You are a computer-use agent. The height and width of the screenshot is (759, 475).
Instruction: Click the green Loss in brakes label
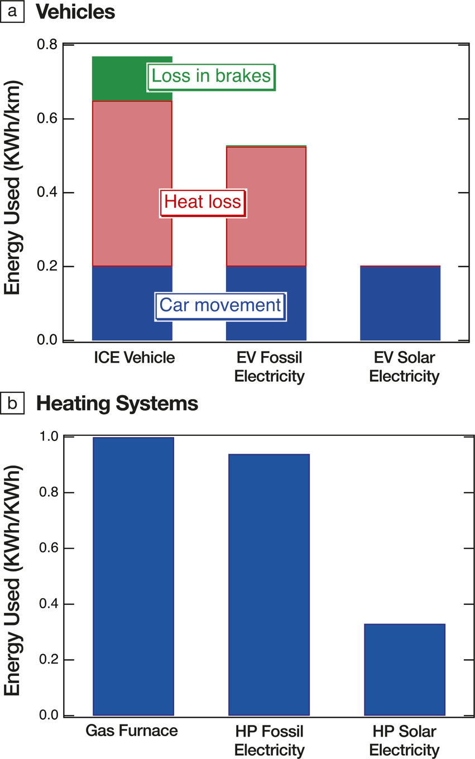click(x=212, y=76)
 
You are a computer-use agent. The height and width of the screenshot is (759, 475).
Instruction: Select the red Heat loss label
click(x=203, y=201)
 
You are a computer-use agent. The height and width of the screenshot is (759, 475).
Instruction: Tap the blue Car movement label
click(x=220, y=305)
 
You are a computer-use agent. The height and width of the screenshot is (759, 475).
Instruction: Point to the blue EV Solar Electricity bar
click(x=400, y=303)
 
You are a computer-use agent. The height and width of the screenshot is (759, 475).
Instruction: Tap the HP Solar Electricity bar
click(x=404, y=669)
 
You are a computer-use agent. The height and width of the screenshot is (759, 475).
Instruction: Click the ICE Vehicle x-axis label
click(x=135, y=358)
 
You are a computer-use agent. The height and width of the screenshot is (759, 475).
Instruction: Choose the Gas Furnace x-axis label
click(x=132, y=731)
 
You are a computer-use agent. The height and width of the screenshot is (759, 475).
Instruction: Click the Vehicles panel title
click(x=75, y=13)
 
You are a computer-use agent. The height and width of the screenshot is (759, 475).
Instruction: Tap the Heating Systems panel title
click(x=117, y=403)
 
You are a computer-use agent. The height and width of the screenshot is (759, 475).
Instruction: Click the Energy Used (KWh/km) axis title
click(x=16, y=189)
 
